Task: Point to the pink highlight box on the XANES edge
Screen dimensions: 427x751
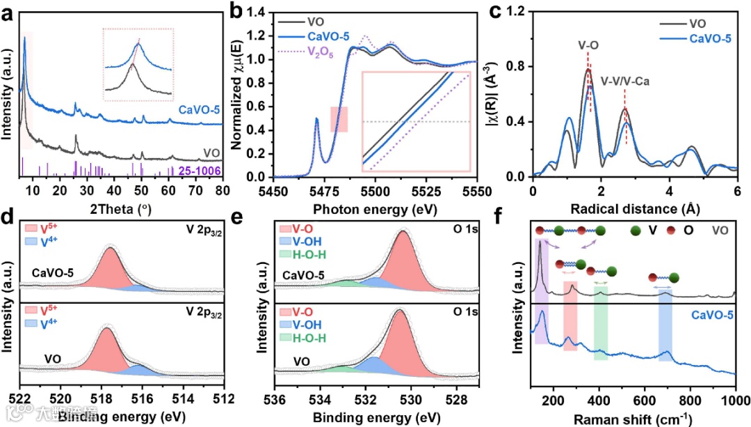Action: pos(339,119)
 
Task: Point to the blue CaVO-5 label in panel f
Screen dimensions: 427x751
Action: pos(712,315)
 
